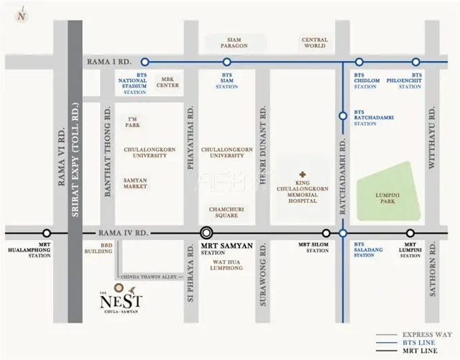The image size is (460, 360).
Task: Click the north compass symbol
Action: coord(24,14)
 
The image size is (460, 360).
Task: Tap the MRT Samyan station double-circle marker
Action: coord(207,233)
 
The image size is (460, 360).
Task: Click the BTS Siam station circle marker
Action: coord(227,62)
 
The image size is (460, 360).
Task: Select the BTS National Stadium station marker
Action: coord(145,62)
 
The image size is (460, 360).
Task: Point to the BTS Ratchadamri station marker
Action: coord(343,113)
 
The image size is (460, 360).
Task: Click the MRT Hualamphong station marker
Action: coord(47,233)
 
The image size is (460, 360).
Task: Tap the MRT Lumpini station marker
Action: coord(410,233)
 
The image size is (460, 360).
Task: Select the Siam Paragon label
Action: coord(238,42)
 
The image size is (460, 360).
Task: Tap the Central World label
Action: coord(314,42)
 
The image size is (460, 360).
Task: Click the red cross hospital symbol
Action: coord(303,174)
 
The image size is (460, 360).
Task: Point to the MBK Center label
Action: coord(168,82)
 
